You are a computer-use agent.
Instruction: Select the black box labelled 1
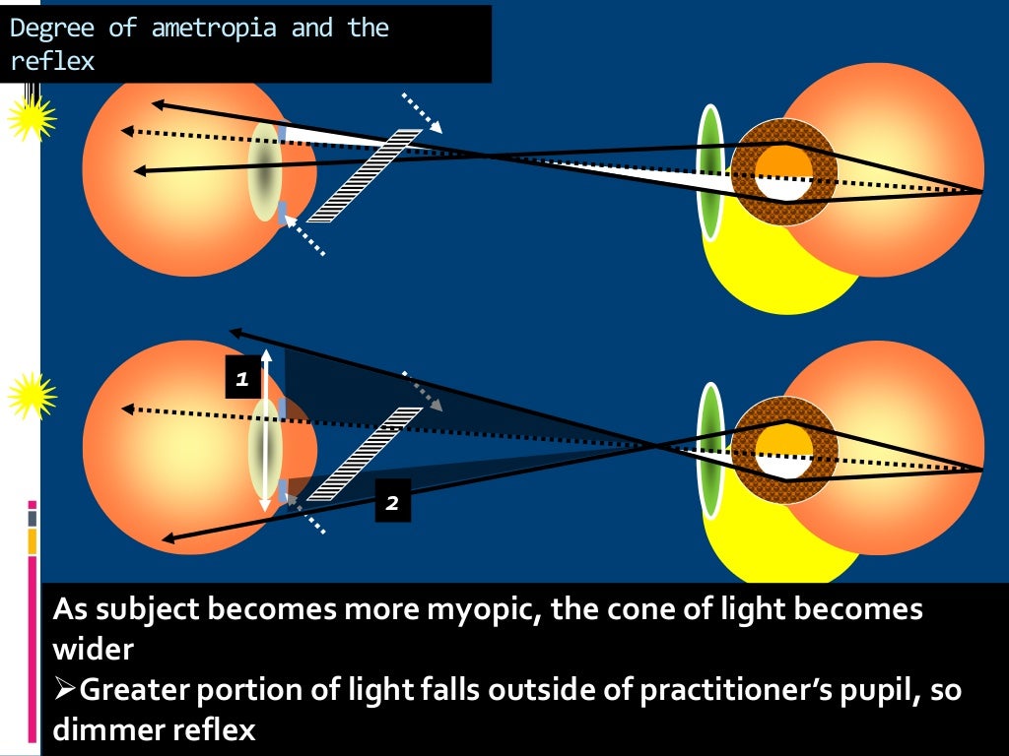(242, 378)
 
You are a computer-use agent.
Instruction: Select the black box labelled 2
(391, 503)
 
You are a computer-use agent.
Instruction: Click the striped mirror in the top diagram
(364, 175)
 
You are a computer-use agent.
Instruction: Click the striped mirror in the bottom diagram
(364, 453)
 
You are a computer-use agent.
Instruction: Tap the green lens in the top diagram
(709, 172)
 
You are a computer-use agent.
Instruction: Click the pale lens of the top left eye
(264, 171)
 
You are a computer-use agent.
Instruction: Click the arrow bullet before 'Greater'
(64, 691)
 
